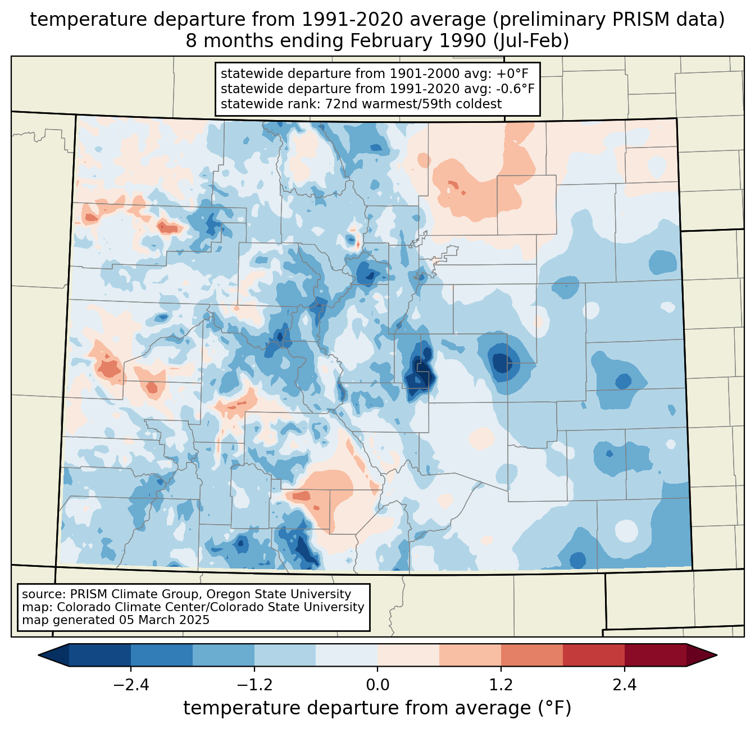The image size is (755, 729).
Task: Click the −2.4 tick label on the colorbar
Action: pyautogui.click(x=131, y=685)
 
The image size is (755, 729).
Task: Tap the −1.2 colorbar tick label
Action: pyautogui.click(x=254, y=685)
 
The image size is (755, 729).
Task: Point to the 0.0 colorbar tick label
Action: pyautogui.click(x=377, y=685)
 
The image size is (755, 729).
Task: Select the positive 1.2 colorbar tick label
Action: pyautogui.click(x=501, y=685)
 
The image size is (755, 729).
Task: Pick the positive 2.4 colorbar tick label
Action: pyautogui.click(x=624, y=685)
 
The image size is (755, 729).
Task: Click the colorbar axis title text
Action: pyautogui.click(x=377, y=708)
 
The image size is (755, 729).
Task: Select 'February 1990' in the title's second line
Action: pyautogui.click(x=420, y=41)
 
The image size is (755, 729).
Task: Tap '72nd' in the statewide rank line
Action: pyautogui.click(x=342, y=103)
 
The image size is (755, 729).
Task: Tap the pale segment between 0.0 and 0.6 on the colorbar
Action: pyautogui.click(x=408, y=655)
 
